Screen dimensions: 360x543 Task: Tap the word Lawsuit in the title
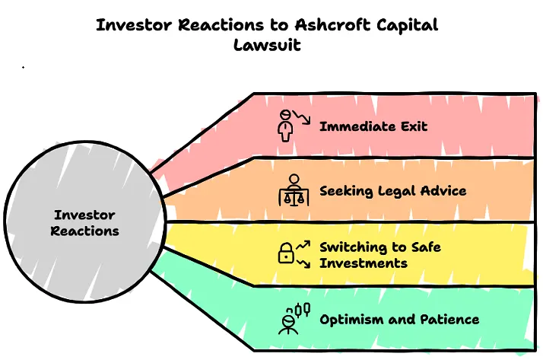pyautogui.click(x=267, y=44)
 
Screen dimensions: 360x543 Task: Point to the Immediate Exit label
pyautogui.click(x=373, y=126)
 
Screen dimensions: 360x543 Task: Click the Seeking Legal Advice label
pyautogui.click(x=392, y=191)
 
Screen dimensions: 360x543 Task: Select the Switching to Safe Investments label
pyautogui.click(x=380, y=255)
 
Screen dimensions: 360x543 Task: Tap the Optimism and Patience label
pyautogui.click(x=399, y=319)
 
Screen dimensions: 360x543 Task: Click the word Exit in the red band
pyautogui.click(x=411, y=126)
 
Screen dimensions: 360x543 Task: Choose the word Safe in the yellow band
pyautogui.click(x=424, y=247)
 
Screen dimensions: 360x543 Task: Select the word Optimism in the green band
pyautogui.click(x=352, y=319)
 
